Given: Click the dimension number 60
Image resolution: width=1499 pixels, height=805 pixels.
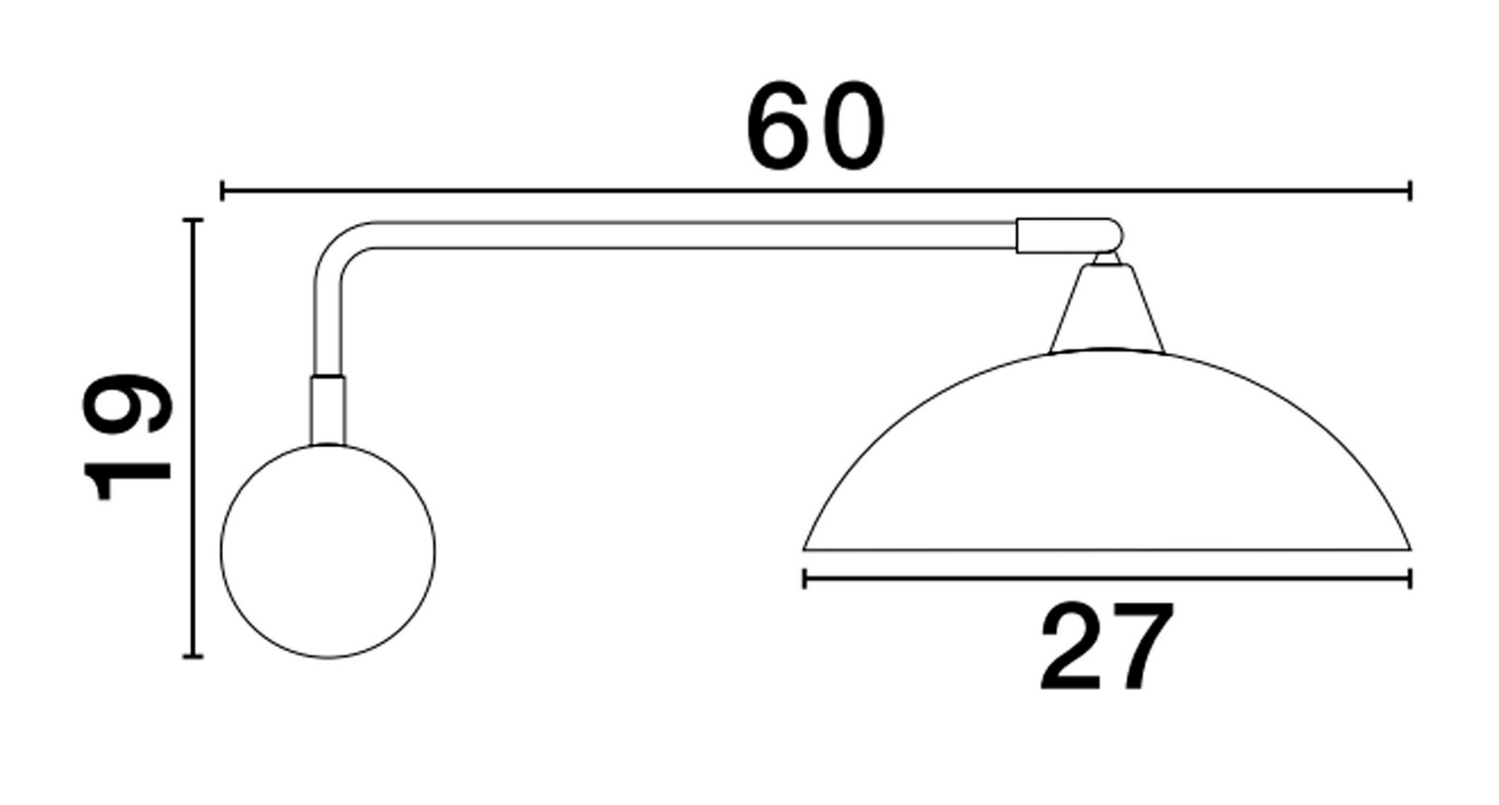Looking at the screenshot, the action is coord(816,126).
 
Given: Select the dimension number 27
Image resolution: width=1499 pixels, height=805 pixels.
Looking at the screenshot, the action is coord(1106,647).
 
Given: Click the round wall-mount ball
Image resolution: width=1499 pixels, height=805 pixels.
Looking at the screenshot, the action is coord(328,551).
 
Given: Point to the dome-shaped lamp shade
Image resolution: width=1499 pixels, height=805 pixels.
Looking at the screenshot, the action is coord(1106,450).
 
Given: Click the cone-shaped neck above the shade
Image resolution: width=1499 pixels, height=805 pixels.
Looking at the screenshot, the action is coord(1106,307).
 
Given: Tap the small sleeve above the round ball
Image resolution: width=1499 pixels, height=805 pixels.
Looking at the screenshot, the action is coord(328,410).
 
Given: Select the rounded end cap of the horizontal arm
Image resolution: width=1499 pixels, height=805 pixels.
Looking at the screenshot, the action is coord(1069,235).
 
